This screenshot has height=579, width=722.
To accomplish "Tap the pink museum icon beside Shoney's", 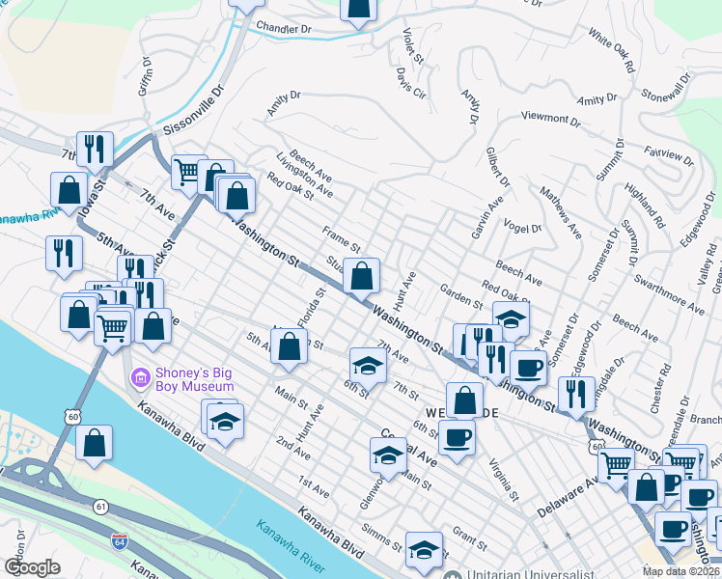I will [140, 373].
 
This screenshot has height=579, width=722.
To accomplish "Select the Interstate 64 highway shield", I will [120, 544].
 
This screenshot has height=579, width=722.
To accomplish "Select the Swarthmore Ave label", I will [669, 294].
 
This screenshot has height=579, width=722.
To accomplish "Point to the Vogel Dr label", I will [522, 228].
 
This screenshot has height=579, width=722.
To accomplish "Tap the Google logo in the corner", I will [32, 567].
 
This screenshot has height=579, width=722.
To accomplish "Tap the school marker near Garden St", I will [512, 318].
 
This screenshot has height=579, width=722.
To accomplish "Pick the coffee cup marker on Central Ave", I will [457, 437].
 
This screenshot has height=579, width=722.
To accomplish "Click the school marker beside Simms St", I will [423, 549].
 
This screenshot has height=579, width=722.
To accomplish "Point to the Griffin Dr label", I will [147, 76].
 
